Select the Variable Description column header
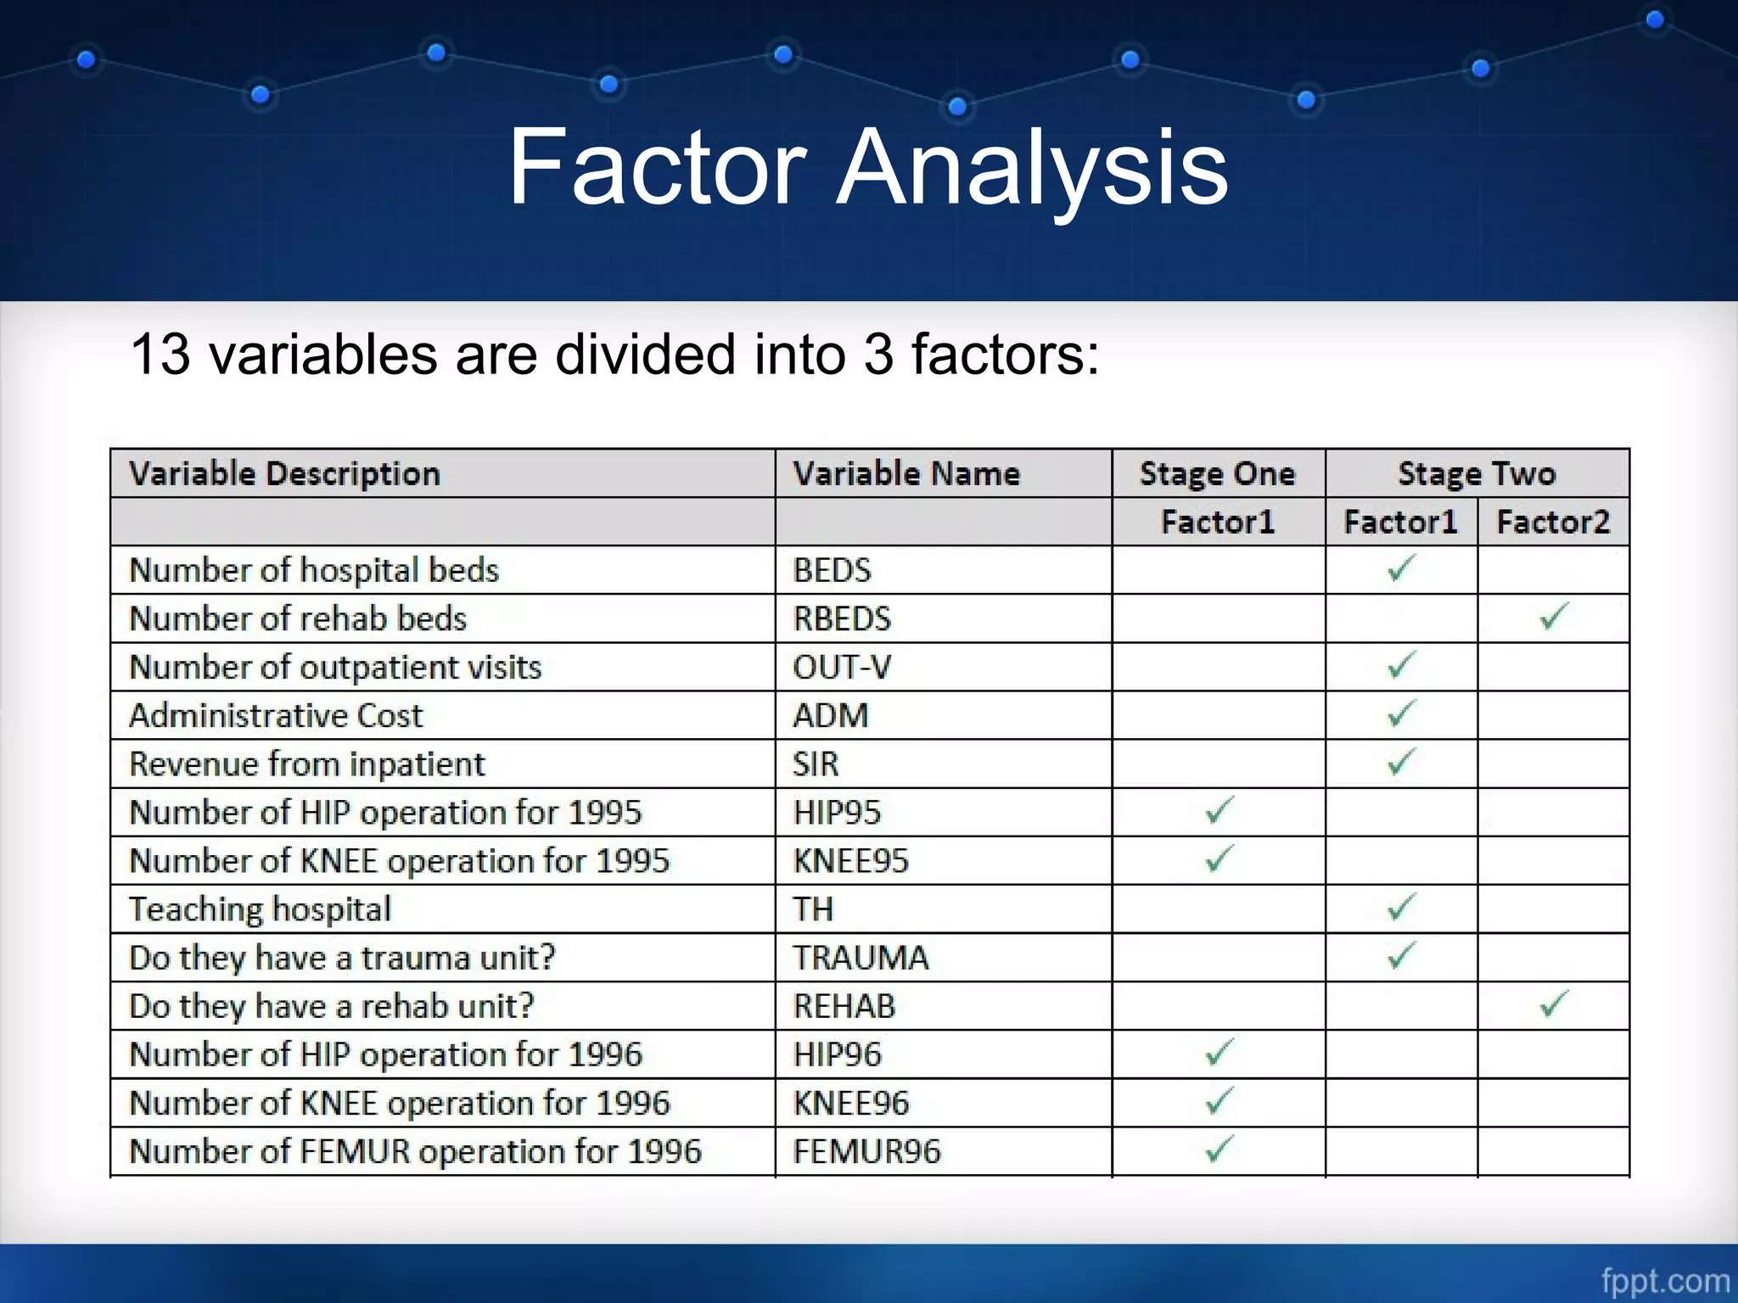284,473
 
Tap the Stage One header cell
1217,473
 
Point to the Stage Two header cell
1477,473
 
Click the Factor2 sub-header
1552,522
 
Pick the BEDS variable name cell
832,570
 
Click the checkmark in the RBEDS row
1554,617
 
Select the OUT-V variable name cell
842,667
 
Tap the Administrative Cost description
275,715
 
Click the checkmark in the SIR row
1401,762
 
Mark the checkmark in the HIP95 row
1219,810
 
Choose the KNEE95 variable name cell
850,861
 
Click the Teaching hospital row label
260,909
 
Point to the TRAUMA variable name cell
861,958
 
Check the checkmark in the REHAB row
1554,1004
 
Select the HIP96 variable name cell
837,1054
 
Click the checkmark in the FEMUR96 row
1219,1149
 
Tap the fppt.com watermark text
1664,1280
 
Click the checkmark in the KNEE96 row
1219,1101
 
